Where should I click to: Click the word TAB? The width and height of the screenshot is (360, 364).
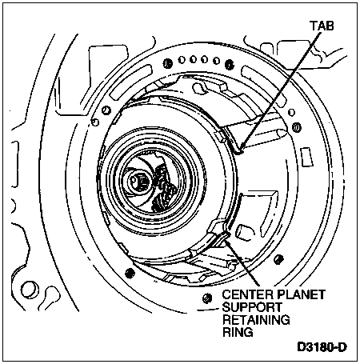[322, 26]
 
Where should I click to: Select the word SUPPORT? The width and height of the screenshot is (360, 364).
[252, 307]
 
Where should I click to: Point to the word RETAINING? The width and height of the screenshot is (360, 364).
[256, 320]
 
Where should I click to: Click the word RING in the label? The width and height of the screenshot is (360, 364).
[238, 332]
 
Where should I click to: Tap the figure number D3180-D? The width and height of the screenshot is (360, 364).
[322, 347]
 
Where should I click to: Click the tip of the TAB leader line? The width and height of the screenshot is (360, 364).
[240, 151]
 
